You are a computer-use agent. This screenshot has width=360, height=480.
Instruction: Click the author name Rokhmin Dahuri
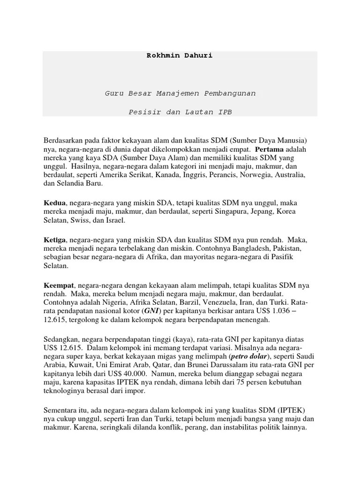coord(180,55)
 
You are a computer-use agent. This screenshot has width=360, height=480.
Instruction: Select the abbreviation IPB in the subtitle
coord(224,112)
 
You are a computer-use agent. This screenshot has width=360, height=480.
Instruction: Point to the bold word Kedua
coord(54,203)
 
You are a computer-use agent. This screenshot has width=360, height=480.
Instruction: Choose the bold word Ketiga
coord(56,240)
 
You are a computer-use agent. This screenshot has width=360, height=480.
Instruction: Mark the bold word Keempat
coord(59,285)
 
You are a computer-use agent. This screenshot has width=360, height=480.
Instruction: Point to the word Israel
coord(115,220)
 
